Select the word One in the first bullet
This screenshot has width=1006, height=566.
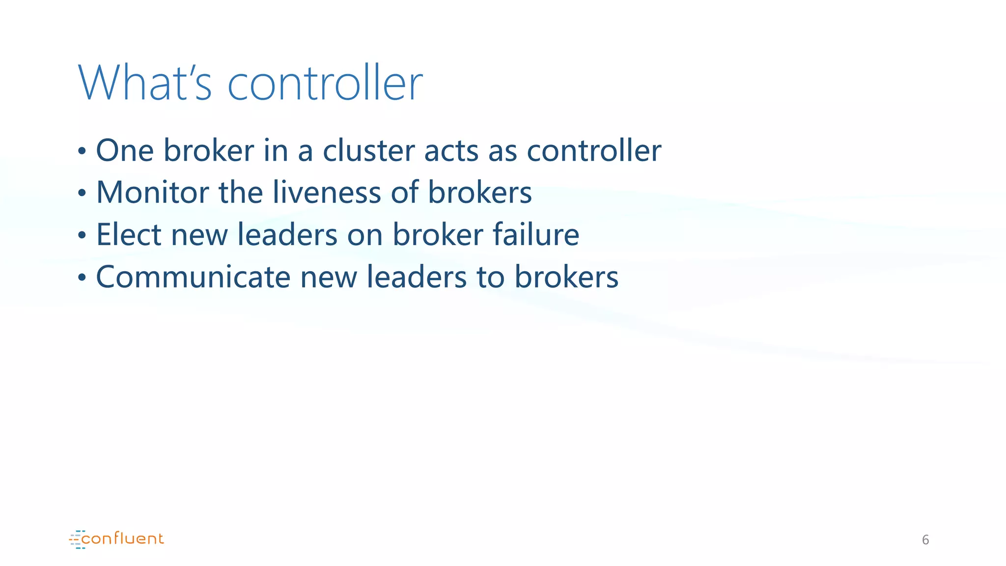tap(125, 150)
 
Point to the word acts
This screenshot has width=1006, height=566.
tap(451, 151)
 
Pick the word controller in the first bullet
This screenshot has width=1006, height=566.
tap(594, 150)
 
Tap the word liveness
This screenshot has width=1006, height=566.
tap(327, 192)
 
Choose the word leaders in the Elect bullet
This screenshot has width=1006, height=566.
tap(287, 234)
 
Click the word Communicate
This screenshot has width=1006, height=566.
tap(193, 277)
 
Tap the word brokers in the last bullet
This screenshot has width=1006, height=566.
tap(566, 277)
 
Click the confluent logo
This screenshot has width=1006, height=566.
tap(116, 539)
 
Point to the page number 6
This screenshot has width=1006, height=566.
tap(925, 540)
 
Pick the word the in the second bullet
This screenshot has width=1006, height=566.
tap(241, 192)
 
